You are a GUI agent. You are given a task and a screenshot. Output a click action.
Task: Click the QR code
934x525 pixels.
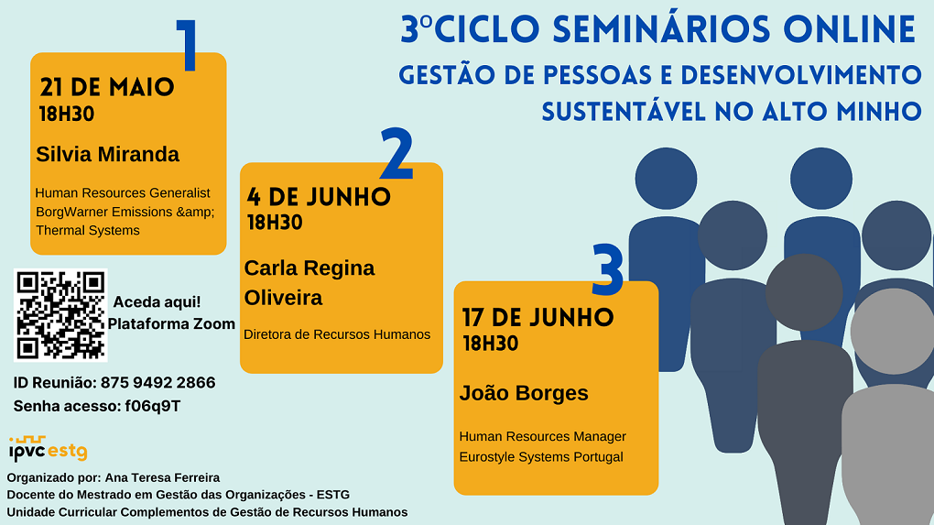60,315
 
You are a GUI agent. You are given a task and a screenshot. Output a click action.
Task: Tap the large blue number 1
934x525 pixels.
187,45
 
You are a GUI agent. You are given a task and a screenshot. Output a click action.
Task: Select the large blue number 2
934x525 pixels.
396,154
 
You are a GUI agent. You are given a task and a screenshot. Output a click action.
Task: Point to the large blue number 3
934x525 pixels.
608,270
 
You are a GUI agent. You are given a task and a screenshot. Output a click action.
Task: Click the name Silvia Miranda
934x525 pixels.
107,154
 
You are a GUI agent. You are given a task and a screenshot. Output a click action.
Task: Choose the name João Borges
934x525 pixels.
524,393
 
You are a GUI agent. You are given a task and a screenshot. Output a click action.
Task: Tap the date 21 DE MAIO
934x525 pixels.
107,87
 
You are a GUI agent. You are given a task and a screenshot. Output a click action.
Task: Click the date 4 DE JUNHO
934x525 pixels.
319,197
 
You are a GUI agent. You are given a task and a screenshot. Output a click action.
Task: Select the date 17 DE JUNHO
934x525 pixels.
538,318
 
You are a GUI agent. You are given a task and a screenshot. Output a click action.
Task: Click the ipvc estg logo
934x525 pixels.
49,449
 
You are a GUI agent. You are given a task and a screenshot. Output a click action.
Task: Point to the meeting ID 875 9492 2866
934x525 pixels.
157,383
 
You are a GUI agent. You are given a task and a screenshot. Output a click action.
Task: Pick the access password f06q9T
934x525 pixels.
153,407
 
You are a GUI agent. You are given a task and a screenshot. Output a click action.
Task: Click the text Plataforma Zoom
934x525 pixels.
171,323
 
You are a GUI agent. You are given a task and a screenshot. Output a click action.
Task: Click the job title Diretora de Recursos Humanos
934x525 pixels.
337,334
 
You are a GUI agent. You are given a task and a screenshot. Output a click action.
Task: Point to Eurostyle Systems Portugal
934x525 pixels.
541,457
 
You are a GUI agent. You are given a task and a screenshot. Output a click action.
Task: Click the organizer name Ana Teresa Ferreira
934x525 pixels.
162,478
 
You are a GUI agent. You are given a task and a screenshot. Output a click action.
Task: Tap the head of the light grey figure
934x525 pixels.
892,332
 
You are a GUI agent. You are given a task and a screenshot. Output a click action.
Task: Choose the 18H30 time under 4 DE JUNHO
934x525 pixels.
276,223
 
